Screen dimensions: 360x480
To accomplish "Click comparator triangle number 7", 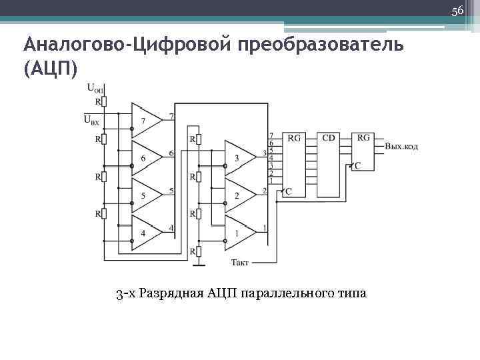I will click(x=145, y=120).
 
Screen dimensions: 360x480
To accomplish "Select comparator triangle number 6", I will click(x=145, y=158).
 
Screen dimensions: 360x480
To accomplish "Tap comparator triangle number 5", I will click(x=145, y=195).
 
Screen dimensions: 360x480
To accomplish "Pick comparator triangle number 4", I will click(x=145, y=233).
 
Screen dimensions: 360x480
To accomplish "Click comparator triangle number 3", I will click(x=239, y=158).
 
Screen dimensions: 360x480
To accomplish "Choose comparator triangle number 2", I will click(x=239, y=195).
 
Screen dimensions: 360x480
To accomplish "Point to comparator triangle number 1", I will click(x=239, y=233).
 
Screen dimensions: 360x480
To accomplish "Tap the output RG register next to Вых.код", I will click(x=363, y=152).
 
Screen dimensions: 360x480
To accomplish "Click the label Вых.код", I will click(x=401, y=146).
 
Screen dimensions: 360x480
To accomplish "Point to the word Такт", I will click(x=239, y=263).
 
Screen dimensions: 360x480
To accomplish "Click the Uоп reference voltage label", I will click(x=95, y=88).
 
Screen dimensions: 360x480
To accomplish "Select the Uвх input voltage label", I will click(x=91, y=119).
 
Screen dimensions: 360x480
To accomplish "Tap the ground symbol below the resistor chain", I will click(x=197, y=264).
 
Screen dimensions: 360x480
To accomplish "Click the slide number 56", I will click(x=457, y=11).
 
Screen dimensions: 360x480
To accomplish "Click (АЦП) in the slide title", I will click(x=50, y=68).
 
